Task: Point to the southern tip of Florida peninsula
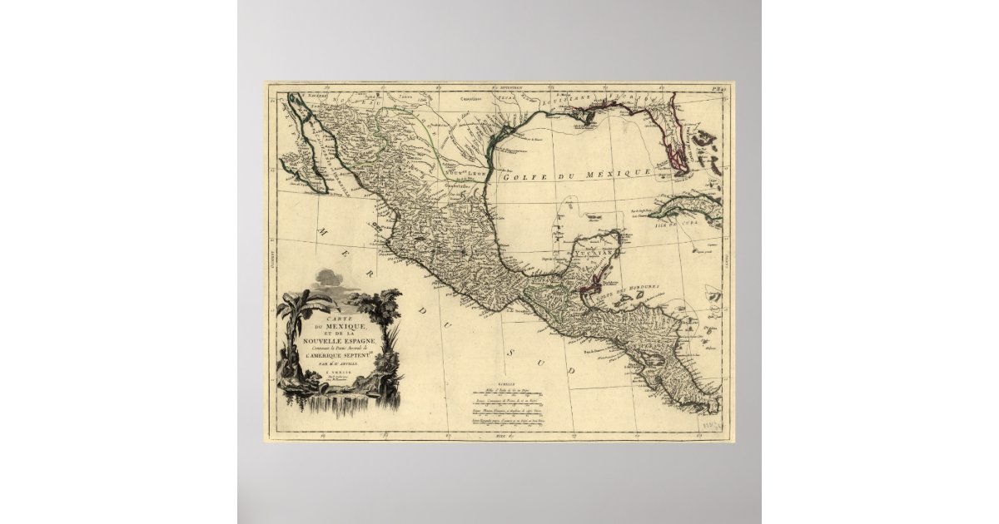pos(681,170)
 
